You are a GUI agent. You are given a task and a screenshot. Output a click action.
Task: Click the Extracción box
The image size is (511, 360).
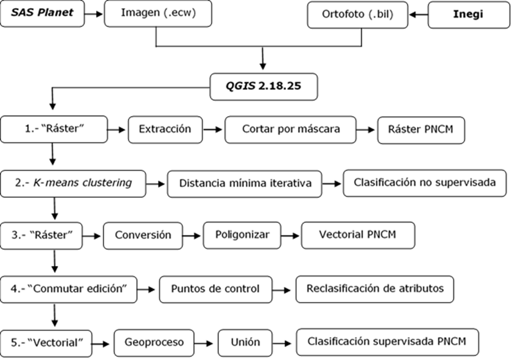point(165,128)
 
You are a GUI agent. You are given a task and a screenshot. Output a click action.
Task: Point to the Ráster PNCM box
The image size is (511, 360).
point(421,128)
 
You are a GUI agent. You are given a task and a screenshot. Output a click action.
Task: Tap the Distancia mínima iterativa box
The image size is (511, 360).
point(244,182)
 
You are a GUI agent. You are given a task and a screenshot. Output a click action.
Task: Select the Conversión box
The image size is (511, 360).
point(143,235)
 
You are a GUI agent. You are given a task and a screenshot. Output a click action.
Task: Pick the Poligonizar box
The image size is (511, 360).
point(242,235)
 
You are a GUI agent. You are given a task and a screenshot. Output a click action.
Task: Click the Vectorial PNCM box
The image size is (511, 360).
point(358,235)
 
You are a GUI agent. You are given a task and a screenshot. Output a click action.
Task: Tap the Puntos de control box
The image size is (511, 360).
point(215,288)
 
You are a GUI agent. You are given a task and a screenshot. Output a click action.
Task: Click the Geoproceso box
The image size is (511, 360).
point(153,342)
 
